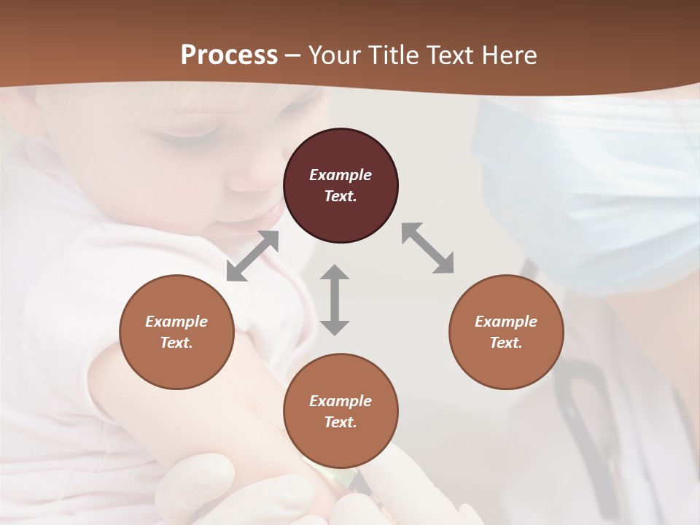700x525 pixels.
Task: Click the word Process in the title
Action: (229, 55)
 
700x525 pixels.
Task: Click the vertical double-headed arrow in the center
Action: (335, 300)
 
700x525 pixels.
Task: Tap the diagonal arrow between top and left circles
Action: (252, 256)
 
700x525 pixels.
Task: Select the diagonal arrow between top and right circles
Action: (428, 248)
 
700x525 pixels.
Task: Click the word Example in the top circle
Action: (341, 175)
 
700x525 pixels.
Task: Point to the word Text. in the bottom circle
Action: (341, 422)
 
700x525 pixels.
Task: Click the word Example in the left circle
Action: (176, 322)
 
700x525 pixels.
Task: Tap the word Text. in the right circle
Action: (506, 343)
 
